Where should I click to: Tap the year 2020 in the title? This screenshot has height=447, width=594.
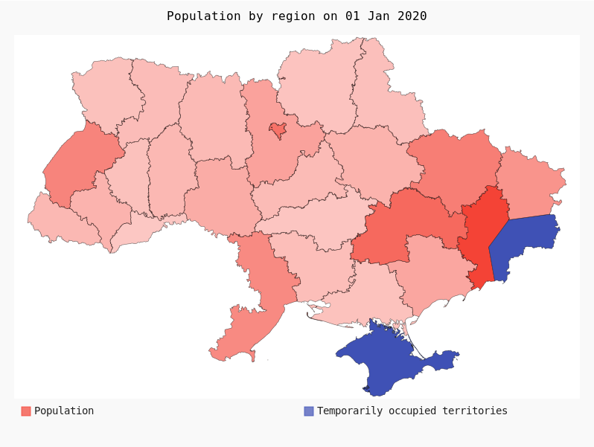412,16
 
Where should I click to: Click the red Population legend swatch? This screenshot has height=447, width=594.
26,411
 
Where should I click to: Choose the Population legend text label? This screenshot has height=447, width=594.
64,411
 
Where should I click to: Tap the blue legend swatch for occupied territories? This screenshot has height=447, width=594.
309,411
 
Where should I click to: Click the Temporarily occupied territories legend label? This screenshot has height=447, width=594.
412,411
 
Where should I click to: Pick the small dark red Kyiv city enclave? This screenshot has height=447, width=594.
278,130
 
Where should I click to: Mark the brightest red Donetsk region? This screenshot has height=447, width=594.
481,234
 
